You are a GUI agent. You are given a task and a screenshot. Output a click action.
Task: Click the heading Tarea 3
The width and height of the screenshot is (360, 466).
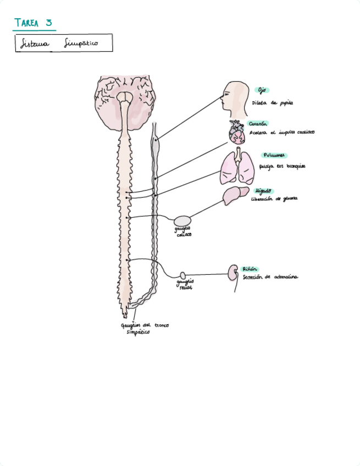pyautogui.click(x=34, y=23)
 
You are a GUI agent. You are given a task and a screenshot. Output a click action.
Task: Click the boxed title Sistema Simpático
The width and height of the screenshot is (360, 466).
pyautogui.click(x=63, y=43)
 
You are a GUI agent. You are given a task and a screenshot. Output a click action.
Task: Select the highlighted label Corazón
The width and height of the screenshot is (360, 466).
pyautogui.click(x=258, y=124)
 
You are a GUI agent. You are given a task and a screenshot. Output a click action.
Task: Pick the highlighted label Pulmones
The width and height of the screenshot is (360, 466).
pyautogui.click(x=274, y=156)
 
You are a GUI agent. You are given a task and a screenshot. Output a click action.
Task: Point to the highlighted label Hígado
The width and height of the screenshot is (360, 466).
pyautogui.click(x=263, y=190)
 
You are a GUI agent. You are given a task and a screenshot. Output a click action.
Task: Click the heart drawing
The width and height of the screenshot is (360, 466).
pyautogui.click(x=237, y=132)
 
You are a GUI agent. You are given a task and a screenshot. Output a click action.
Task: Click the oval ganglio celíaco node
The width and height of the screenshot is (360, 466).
pyautogui.click(x=182, y=221)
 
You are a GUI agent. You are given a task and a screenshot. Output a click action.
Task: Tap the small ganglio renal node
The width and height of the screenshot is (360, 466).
pyautogui.click(x=183, y=275)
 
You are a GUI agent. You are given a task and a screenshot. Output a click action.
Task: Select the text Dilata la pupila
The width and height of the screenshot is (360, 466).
pyautogui.click(x=273, y=103)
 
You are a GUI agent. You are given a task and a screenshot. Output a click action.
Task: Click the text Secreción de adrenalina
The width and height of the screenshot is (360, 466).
pyautogui.click(x=270, y=278)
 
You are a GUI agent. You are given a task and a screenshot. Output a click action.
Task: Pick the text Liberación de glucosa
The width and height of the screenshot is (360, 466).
pyautogui.click(x=274, y=198)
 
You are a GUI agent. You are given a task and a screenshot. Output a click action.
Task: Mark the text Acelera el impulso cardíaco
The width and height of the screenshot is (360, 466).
pyautogui.click(x=281, y=132)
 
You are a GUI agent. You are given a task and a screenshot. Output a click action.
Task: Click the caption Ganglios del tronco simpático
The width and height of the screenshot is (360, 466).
pyautogui.click(x=144, y=329)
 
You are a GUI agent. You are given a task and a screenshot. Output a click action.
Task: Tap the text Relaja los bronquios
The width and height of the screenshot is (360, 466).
pyautogui.click(x=281, y=167)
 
